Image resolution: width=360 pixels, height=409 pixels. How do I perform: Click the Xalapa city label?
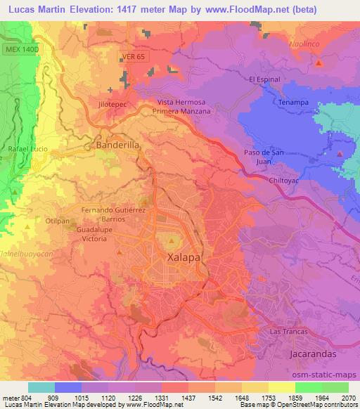(x=184, y=258)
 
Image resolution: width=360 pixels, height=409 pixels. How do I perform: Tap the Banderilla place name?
(x=115, y=146)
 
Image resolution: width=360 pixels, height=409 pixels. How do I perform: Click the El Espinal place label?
(x=264, y=79)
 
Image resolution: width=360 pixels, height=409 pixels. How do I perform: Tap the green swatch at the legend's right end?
(x=335, y=387)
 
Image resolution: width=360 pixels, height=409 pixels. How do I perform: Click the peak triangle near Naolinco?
(x=320, y=63)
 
